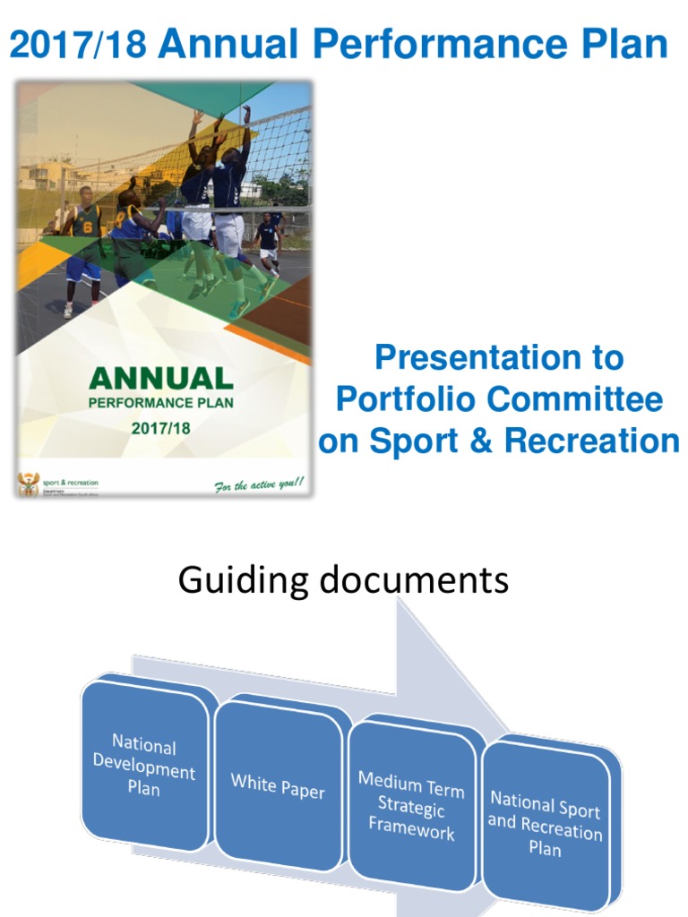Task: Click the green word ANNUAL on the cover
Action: click(161, 378)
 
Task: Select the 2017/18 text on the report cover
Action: click(161, 428)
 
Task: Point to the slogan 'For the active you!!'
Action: click(259, 484)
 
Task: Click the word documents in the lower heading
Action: click(408, 581)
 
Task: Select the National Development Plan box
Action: click(144, 766)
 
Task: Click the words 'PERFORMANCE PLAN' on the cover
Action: click(161, 403)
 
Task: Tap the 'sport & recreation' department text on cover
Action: click(71, 483)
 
